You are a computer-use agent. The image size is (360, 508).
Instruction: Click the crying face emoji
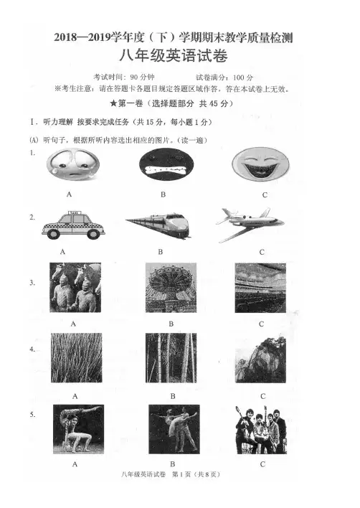73,164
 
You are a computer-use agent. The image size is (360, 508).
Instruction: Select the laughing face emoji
260,164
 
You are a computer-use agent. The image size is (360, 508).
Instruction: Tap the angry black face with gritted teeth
166,164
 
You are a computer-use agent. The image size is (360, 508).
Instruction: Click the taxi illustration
73,225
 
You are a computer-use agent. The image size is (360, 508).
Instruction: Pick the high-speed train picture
158,225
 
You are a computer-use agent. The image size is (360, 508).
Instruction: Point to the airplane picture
250,224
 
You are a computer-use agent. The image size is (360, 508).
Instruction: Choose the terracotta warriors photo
75,288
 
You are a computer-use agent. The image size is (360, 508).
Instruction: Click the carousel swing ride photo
171,288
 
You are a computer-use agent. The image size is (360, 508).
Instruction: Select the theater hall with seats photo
260,288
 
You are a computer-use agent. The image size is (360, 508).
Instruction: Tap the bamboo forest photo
171,357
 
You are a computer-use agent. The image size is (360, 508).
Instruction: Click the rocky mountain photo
260,359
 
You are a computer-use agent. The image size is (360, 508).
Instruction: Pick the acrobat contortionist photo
78,429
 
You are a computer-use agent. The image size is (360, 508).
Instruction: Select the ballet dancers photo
174,429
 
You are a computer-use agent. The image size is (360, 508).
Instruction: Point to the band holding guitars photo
261,430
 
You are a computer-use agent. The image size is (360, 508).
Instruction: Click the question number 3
32,283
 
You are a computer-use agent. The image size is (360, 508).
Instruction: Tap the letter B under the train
160,252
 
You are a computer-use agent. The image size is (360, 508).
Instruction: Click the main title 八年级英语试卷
174,56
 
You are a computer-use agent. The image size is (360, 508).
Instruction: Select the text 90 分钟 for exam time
142,77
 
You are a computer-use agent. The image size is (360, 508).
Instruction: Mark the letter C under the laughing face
265,194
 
